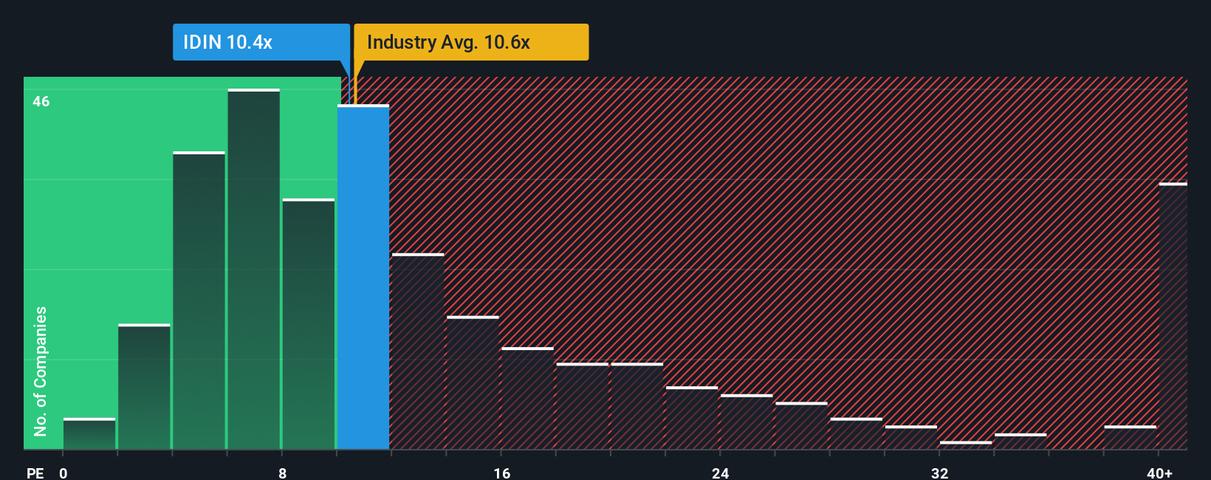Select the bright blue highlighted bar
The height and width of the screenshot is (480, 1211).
coord(363,277)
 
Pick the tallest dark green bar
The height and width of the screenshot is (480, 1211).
coord(254,270)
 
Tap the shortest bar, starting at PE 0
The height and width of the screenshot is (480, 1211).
coord(89,434)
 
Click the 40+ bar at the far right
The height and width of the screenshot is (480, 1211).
coord(1173,316)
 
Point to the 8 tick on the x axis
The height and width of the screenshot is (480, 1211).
coord(283,473)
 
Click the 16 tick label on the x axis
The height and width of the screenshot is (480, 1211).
coord(502,473)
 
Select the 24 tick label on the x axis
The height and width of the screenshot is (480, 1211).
coord(721,473)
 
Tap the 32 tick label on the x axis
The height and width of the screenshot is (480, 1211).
coord(939,473)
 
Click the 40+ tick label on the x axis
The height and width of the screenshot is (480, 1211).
coord(1159,473)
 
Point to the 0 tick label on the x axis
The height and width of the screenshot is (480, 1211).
coord(64,473)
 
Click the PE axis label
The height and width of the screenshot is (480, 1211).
coord(35,473)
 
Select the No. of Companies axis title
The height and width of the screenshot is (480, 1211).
coord(41,371)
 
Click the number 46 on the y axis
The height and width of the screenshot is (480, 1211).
coord(41,101)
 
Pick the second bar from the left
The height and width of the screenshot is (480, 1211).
coord(144,387)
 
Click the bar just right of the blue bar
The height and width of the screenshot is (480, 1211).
coord(418,352)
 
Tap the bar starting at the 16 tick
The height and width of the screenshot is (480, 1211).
coord(527,399)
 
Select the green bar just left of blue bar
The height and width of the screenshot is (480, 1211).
coord(309,324)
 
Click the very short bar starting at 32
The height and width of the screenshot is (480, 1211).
coord(966,445)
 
